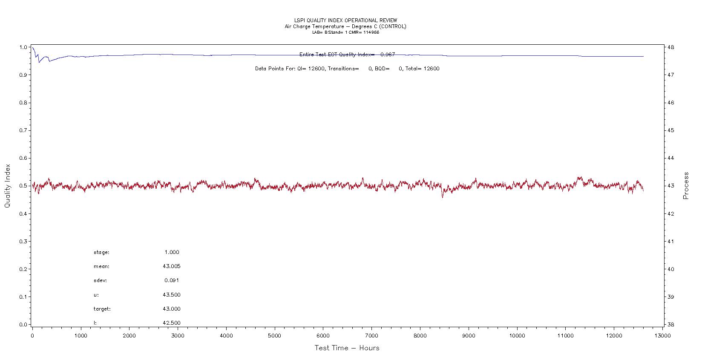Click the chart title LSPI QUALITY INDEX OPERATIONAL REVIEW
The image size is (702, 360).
pos(345,20)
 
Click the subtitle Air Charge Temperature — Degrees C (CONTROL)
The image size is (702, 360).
pos(345,26)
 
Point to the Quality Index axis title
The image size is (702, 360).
pos(7,186)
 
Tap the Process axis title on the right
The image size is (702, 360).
pos(686,186)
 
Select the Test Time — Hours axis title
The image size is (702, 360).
pos(347,348)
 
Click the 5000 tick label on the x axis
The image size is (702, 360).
pos(275,336)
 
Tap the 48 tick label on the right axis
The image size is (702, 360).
pos(670,47)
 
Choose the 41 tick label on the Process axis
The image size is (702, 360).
pos(670,242)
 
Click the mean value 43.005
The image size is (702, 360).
pos(171,266)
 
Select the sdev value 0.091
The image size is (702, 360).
pos(172,280)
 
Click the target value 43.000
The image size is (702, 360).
pos(171,309)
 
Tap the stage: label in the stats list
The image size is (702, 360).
pos(101,252)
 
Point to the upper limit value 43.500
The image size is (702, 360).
pos(171,295)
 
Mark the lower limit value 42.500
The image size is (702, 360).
pos(171,323)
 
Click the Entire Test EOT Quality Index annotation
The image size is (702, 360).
pos(347,55)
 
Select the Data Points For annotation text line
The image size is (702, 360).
pos(347,69)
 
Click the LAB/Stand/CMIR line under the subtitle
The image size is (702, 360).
pos(345,32)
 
